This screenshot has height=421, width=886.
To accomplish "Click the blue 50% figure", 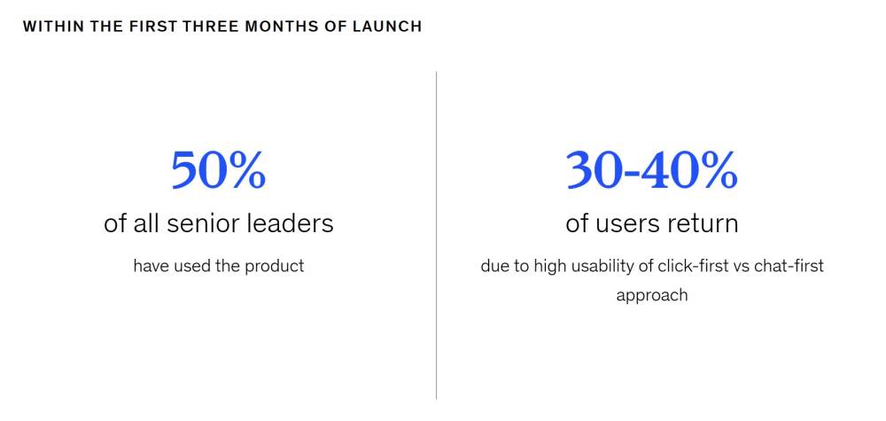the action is (219, 169).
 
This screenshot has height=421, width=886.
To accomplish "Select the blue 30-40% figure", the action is (651, 169).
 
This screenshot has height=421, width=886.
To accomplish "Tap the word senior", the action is (206, 223).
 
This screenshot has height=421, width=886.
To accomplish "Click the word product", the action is (274, 266).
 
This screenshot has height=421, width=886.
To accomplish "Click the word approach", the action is (652, 295).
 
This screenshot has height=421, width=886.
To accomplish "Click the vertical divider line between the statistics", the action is (436, 235).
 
